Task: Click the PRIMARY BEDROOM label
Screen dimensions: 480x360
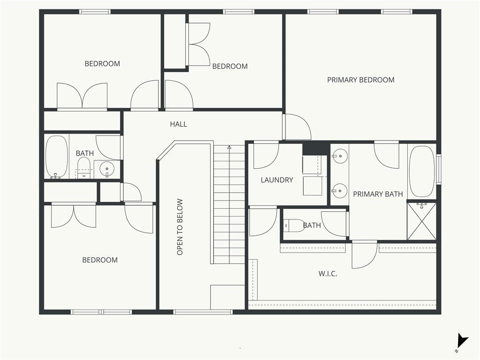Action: coord(360,80)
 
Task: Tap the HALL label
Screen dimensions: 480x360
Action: coord(179,124)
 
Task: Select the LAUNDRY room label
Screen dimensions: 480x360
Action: coord(277,180)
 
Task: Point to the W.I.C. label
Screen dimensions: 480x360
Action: coord(328,274)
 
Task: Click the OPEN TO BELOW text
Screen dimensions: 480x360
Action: coord(180,227)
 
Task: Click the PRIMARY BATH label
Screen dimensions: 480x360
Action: coord(378,194)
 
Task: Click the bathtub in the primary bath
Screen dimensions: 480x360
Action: coord(422,172)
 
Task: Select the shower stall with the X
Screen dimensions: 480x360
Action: coord(421,221)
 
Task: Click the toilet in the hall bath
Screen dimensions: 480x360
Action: coord(83,168)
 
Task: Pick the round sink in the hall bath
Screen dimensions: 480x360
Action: coord(107,168)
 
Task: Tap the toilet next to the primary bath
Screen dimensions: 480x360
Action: coord(293,226)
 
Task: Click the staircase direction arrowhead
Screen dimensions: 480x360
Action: coord(229,147)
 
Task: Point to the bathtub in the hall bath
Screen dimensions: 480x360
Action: coord(57,157)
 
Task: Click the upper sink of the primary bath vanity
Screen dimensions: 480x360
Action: coord(339,156)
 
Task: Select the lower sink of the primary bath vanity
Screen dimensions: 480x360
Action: coord(339,191)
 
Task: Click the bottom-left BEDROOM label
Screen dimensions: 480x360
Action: coord(100,260)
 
